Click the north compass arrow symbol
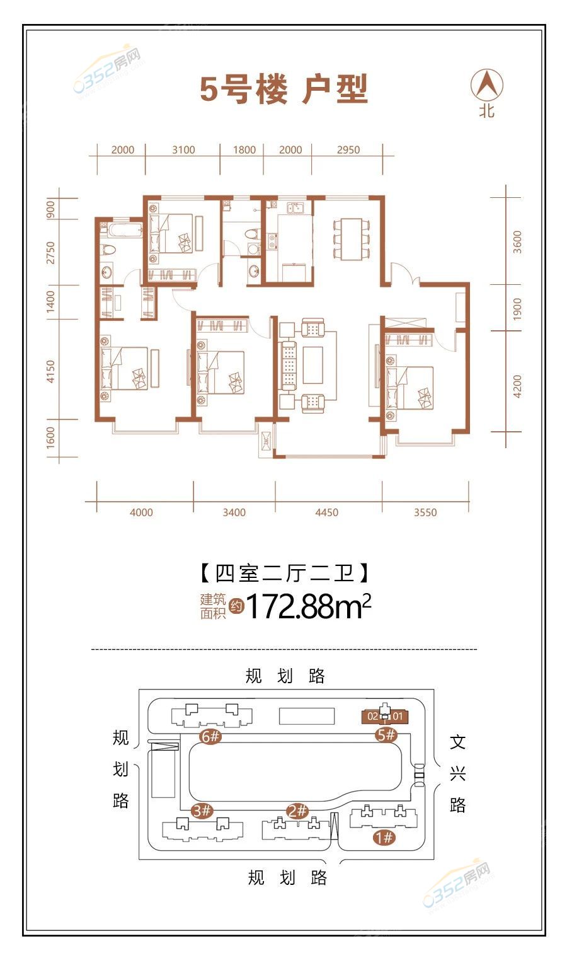[487, 84]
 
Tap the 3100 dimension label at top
[183, 150]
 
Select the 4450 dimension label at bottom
[327, 512]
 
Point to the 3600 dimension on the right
[517, 242]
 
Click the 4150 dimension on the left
[50, 371]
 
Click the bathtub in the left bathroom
[125, 229]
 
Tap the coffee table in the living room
[313, 365]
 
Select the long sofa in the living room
[289, 365]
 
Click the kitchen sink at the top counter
[295, 208]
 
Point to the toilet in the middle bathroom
[253, 234]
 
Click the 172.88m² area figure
[308, 606]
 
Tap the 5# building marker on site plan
[386, 735]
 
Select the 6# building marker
[210, 736]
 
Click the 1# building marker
[384, 837]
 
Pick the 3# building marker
[202, 811]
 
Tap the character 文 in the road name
[457, 742]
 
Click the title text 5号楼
[244, 89]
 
